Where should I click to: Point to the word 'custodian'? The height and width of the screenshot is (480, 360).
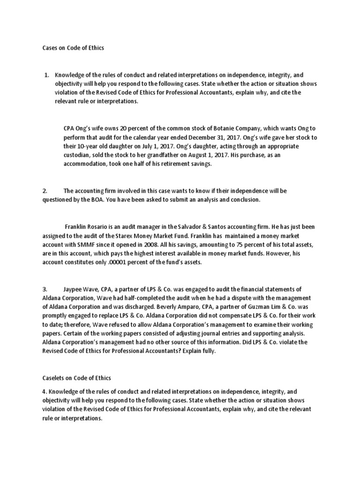click(x=78, y=155)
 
